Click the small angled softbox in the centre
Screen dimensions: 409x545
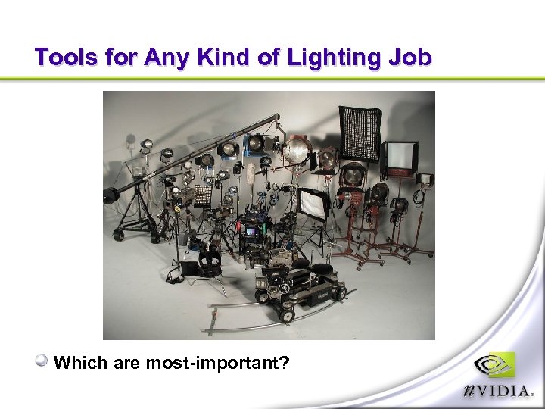tap(313, 202)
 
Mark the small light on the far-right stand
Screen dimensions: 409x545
tap(425, 180)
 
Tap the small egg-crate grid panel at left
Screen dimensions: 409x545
tap(203, 195)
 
